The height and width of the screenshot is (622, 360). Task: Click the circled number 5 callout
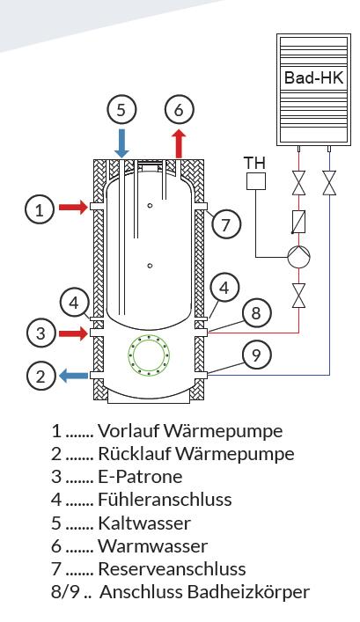pos(121,109)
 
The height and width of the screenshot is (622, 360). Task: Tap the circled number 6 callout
pos(179,109)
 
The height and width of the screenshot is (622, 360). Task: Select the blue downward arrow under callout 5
pos(121,143)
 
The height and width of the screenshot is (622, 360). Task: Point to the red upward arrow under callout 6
pos(179,143)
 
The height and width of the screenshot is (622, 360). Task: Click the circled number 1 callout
pos(40,209)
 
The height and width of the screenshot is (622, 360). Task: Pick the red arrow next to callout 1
pos(74,207)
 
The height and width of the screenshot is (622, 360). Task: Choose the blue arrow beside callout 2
pos(74,375)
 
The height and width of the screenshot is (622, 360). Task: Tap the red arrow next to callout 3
pos(74,333)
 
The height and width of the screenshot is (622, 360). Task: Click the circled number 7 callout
pos(225,225)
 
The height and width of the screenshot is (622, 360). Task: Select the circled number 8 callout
pos(256,313)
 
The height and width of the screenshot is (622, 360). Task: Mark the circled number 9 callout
pos(256,355)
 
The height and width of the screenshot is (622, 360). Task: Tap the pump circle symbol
pos(298,258)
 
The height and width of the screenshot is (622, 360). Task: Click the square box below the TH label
pos(255,180)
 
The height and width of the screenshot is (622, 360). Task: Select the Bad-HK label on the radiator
pos(313,77)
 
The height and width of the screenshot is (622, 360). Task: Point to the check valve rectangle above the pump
pos(298,222)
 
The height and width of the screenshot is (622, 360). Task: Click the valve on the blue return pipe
pos(329,183)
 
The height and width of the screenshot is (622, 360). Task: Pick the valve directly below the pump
pos(298,296)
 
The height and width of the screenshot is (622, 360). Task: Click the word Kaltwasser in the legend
pos(144,523)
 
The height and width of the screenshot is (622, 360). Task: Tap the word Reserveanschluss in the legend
pos(172,569)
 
